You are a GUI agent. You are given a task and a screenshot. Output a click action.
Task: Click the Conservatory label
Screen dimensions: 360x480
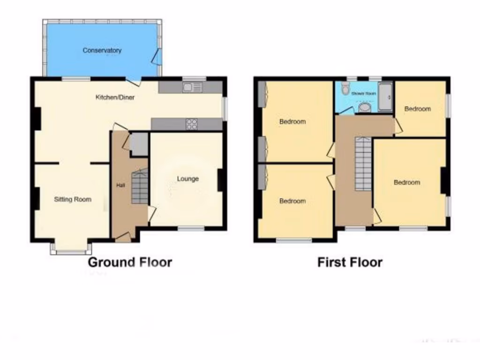(x=102, y=50)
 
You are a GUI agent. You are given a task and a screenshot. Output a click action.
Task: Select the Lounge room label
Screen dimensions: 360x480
(x=187, y=179)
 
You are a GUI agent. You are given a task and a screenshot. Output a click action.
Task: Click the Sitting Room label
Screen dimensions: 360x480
(x=73, y=199)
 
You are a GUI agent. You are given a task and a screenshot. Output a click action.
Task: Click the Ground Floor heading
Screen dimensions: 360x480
(x=130, y=262)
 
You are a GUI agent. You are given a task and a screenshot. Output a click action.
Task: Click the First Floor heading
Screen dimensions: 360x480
(x=350, y=262)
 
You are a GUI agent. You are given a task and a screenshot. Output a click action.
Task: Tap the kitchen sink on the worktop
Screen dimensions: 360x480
(x=192, y=87)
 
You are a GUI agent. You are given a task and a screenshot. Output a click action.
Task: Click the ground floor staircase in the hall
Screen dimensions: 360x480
(x=139, y=187)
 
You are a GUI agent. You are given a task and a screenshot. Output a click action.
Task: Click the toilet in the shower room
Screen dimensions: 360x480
(x=345, y=88)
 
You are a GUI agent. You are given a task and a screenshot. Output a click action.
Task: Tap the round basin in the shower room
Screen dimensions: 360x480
(x=364, y=108)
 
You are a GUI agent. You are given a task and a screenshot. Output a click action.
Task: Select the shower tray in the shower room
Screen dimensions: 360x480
(x=385, y=97)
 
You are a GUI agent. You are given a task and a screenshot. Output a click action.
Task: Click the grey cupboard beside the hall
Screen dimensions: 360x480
(x=139, y=144)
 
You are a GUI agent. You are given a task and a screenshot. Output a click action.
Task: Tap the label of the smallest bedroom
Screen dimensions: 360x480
(x=417, y=109)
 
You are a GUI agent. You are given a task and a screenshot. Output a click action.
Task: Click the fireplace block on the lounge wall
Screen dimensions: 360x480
(x=220, y=180)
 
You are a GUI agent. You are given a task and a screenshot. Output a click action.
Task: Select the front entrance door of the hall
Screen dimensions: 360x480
(x=123, y=238)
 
